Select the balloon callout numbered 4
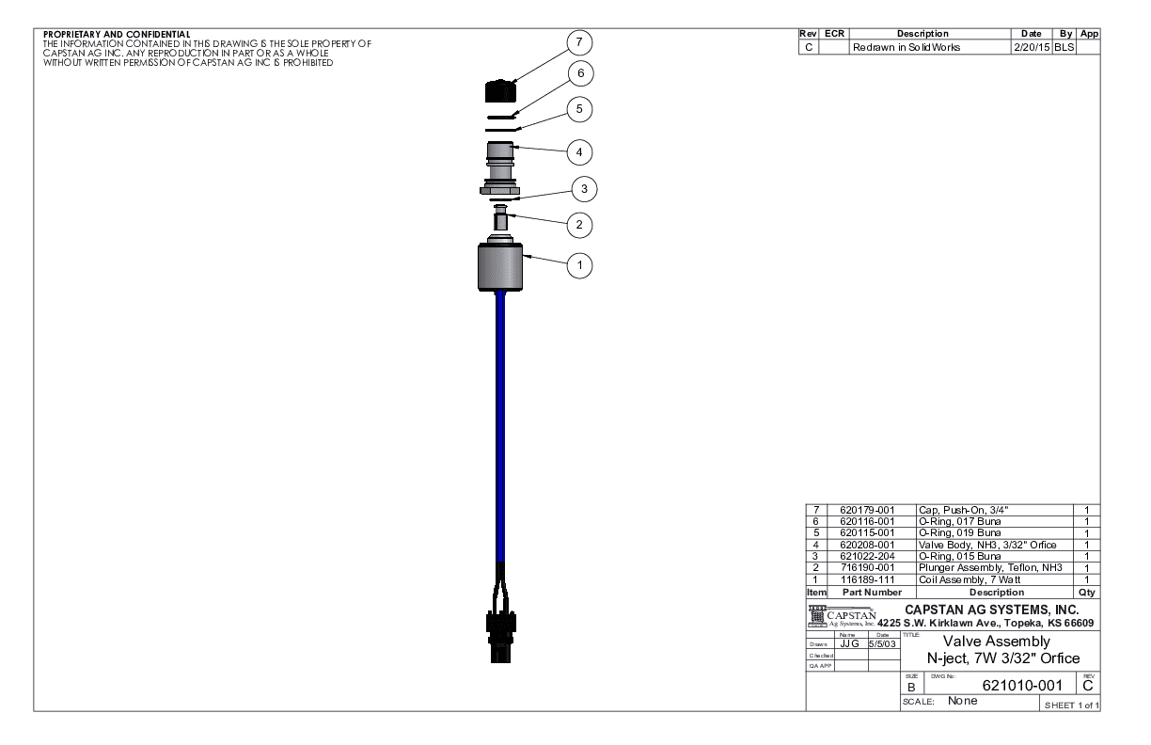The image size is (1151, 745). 582,151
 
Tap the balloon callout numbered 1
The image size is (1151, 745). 582,266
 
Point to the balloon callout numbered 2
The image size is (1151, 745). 582,225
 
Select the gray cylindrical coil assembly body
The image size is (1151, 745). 499,268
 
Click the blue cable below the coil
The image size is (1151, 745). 499,423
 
